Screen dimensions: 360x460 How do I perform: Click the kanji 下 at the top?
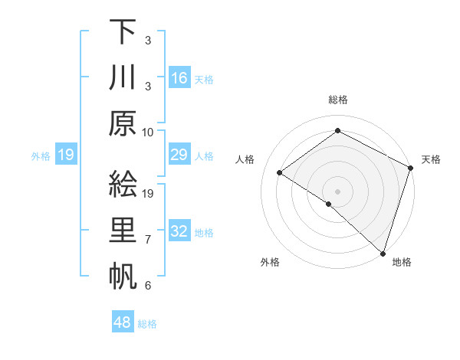(123, 34)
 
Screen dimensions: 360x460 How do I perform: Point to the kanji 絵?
(123, 185)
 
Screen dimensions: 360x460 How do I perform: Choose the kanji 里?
(123, 232)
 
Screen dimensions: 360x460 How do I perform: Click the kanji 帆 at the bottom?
(123, 276)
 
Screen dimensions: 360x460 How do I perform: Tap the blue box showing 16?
(179, 78)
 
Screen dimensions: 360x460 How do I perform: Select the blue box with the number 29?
(179, 155)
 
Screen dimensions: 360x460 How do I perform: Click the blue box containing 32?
(179, 232)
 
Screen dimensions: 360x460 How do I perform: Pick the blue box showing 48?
(123, 322)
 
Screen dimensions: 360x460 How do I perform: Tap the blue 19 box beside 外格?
(65, 155)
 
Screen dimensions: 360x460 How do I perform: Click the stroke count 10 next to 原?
(148, 131)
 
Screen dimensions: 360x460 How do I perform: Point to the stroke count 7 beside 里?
(148, 241)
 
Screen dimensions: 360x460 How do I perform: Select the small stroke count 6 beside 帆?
(148, 286)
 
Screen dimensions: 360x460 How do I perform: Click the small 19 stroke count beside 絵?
(148, 193)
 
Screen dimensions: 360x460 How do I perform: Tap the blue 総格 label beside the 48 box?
(147, 324)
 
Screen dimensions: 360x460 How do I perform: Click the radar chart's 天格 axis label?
(431, 159)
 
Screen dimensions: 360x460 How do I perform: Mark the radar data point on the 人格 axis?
(280, 173)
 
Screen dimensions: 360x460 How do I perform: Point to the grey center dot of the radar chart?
(337, 191)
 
